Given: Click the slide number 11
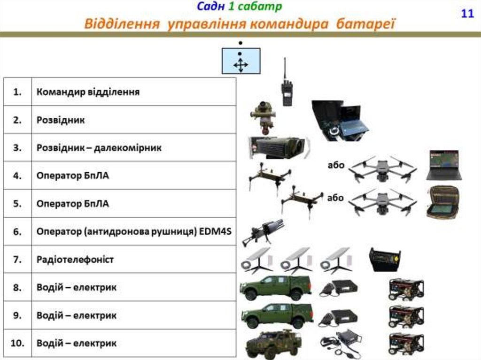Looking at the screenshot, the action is (x=467, y=13).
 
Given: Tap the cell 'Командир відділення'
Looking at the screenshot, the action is (x=88, y=92).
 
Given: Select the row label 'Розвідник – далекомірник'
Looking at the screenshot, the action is (x=99, y=148).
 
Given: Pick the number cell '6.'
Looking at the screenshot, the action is (x=17, y=231).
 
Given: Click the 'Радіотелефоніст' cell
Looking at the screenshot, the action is (x=75, y=259).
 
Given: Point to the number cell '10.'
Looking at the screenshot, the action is (x=17, y=343).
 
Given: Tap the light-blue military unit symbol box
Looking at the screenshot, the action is (x=241, y=61).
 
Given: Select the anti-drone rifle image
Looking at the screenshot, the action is (x=263, y=231).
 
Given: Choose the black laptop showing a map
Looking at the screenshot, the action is (x=444, y=165).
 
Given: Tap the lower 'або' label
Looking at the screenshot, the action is (x=336, y=198).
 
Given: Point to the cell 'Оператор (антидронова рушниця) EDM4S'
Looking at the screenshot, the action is (x=134, y=231).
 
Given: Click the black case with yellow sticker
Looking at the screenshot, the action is (x=385, y=260).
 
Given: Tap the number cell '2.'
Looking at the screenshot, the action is (x=17, y=120).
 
